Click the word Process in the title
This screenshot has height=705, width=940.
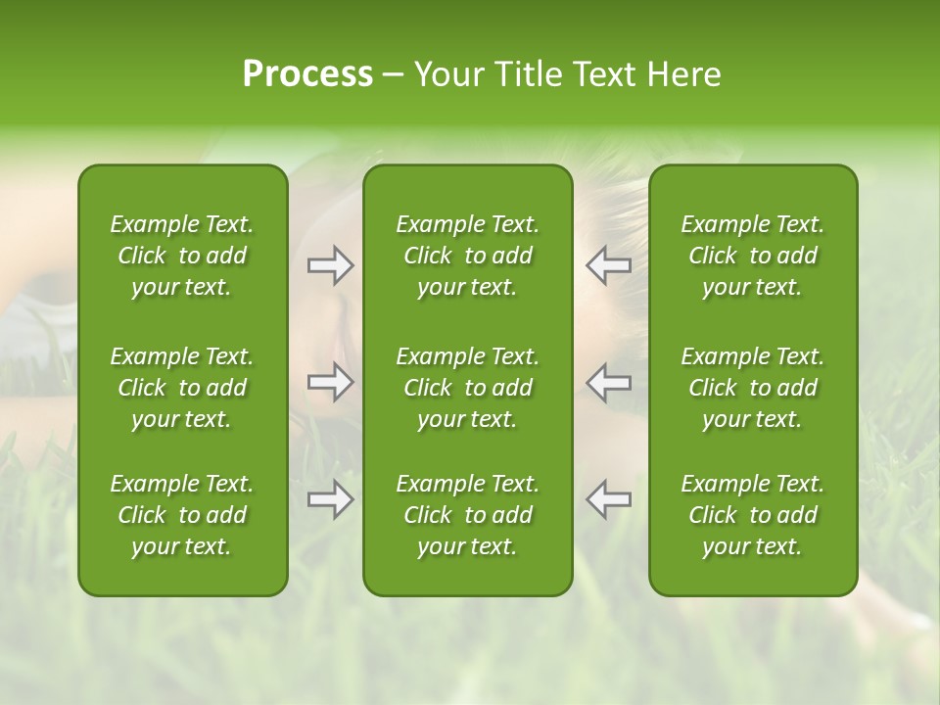[x=307, y=74]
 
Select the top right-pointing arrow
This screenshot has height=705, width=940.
[x=330, y=265]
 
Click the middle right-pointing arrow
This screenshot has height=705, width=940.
[x=330, y=382]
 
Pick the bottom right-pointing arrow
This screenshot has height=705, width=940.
[x=330, y=499]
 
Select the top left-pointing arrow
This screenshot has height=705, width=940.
[x=609, y=265]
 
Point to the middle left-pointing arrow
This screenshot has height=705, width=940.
[x=609, y=382]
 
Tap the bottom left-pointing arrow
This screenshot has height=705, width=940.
[x=609, y=499]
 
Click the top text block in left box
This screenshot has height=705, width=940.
[x=182, y=256]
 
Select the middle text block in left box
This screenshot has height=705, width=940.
[x=182, y=388]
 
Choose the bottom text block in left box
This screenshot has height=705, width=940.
[x=182, y=515]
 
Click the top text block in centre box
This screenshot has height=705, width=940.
[x=468, y=256]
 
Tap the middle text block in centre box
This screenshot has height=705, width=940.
[x=468, y=388]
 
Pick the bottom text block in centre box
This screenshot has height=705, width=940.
[x=468, y=515]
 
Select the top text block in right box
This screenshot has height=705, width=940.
[x=753, y=256]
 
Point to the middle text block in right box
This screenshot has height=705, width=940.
[x=753, y=388]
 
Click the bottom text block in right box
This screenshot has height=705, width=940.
[x=753, y=515]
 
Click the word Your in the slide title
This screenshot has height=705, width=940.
[x=449, y=74]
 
